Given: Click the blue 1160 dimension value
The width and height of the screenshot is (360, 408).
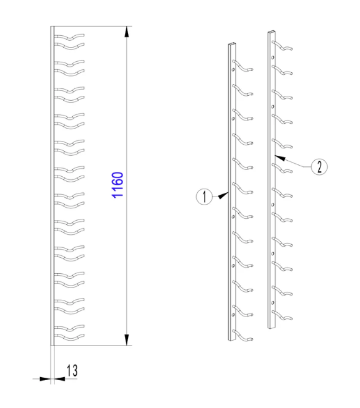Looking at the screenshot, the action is (118, 185).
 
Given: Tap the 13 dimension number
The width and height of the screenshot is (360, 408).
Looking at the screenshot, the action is (72, 370).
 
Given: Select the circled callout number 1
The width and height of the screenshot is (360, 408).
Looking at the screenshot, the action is (204, 197).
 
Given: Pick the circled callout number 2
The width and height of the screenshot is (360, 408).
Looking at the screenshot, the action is (319, 166).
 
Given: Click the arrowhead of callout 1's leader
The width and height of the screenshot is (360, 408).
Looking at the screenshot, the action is (223, 195).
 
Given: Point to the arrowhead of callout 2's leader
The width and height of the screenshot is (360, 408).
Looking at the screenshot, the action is (280, 158).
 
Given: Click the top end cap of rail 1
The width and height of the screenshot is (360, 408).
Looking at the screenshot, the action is (232, 43).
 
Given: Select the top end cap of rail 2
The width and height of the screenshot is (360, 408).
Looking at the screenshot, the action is (272, 32).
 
